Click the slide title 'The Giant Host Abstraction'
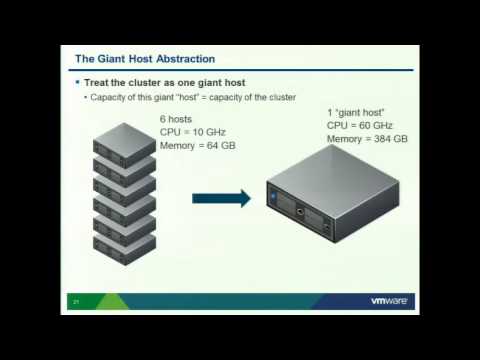click(146, 59)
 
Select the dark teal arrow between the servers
click(221, 197)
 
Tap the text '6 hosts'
click(177, 119)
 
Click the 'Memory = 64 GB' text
click(198, 145)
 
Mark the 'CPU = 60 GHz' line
click(360, 125)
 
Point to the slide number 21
click(75, 300)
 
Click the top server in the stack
click(124, 137)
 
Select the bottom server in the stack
click(124, 242)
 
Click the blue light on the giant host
click(273, 200)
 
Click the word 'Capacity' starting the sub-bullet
click(107, 97)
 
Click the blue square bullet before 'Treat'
click(78, 82)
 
